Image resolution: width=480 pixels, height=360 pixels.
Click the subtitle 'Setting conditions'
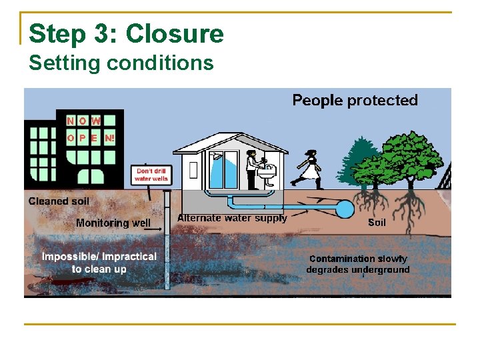121,63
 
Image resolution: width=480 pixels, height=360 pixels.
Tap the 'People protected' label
355,101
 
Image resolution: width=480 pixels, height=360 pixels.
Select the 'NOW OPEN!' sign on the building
91,130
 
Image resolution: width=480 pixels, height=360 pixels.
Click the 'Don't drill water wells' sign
151,175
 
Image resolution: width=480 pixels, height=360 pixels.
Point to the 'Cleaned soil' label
59,201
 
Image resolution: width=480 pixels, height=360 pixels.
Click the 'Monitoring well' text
113,223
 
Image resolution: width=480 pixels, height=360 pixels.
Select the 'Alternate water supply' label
232,219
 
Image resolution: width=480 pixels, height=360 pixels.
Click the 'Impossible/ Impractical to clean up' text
99,263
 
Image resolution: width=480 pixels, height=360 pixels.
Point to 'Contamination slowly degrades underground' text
358,264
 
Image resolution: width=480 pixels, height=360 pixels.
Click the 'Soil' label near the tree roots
377,223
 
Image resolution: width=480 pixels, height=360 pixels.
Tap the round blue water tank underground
344,209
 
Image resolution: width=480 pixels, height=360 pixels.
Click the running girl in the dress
308,168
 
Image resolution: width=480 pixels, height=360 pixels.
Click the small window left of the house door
193,169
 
